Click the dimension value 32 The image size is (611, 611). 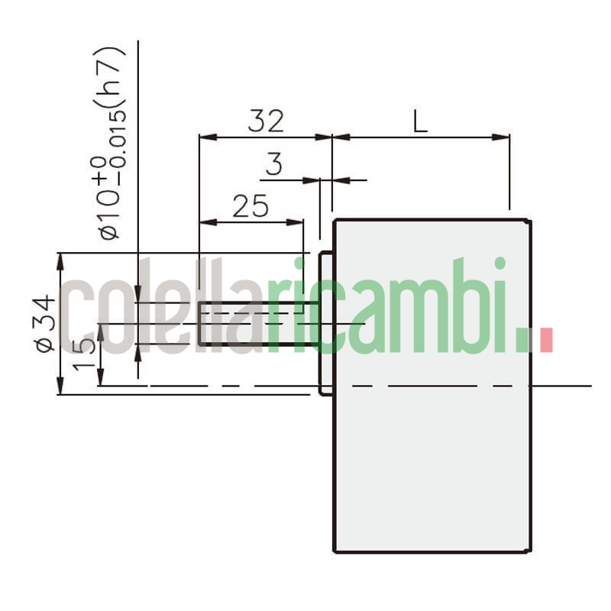[266, 121]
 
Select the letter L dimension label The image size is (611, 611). [420, 121]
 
